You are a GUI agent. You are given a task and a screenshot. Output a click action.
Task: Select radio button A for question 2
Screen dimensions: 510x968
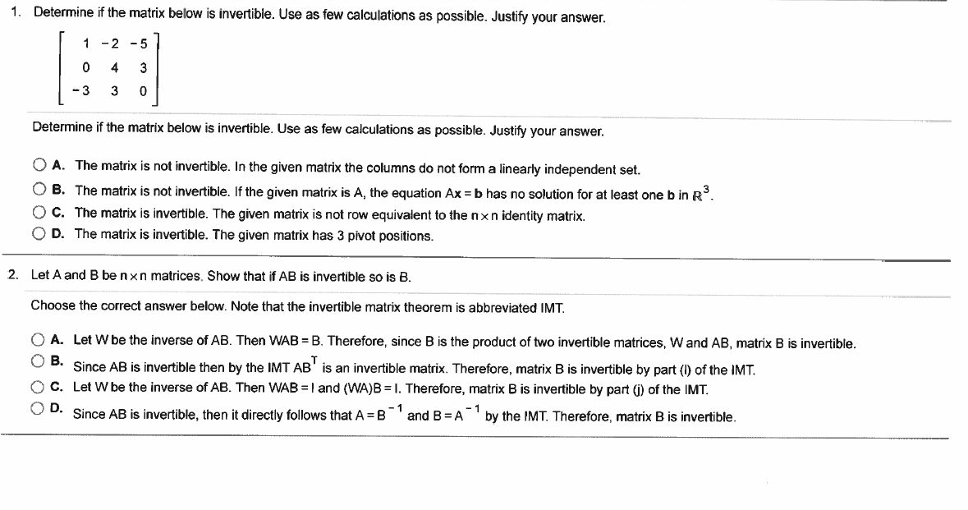(39, 340)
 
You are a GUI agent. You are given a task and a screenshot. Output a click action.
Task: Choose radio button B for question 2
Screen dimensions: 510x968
(39, 361)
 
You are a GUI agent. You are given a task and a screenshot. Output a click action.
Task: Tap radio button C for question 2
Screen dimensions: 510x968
(39, 387)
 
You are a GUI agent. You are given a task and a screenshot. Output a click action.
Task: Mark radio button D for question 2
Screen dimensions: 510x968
(39, 407)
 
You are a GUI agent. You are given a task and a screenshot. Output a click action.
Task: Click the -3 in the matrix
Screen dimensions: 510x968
(81, 91)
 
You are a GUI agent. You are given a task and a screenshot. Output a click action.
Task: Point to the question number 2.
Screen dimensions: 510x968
(11, 275)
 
